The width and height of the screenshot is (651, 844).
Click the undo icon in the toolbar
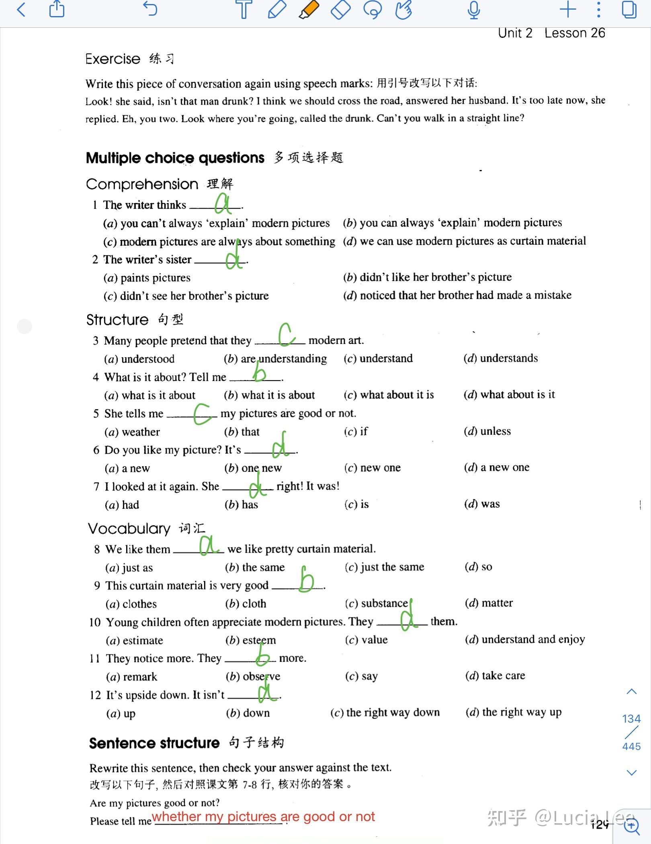[150, 9]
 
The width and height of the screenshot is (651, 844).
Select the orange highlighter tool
[309, 10]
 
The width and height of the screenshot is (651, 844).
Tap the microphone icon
[474, 10]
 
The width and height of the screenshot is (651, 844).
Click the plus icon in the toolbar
[568, 9]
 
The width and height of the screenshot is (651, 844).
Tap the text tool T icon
[244, 10]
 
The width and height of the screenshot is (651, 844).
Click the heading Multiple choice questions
[175, 158]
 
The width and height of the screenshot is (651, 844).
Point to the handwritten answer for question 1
[223, 204]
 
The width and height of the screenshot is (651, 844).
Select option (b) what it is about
[270, 395]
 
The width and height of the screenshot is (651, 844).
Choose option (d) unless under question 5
[487, 431]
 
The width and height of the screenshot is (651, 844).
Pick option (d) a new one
[497, 467]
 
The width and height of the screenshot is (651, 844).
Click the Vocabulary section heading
[129, 529]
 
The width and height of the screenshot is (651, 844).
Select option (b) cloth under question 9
[246, 604]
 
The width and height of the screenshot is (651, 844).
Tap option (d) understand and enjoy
[525, 639]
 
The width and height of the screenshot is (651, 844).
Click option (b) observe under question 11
[253, 676]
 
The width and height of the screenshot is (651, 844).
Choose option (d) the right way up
[514, 713]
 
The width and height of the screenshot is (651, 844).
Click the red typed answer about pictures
[263, 817]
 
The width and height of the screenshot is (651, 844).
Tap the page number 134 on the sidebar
[631, 719]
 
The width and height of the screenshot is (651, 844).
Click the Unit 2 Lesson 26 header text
[551, 33]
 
